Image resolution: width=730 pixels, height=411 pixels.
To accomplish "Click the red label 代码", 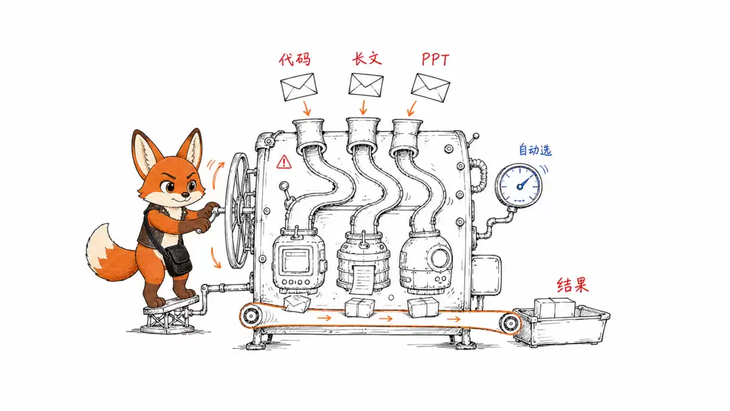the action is point(295,59).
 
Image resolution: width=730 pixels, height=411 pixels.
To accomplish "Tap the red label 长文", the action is point(367,59).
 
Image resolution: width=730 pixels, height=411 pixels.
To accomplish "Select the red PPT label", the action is point(436,59).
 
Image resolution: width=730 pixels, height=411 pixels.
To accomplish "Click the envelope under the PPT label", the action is point(431,87).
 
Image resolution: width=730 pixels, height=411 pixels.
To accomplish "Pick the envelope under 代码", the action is point(299,87).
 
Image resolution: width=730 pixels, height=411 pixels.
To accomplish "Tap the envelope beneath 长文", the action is point(366,85).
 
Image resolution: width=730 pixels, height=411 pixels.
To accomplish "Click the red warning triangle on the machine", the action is point(284,162).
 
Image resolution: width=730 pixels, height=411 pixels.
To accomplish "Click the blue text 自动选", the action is point(535,150).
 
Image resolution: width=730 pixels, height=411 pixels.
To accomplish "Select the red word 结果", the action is point(573,285).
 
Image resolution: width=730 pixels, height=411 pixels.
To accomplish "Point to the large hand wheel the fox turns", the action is point(239,210).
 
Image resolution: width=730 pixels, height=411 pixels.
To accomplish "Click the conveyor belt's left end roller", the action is point(251,316).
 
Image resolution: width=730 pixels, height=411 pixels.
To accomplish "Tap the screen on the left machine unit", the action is point(295,260).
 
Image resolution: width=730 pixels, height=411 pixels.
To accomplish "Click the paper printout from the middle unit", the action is point(363,279).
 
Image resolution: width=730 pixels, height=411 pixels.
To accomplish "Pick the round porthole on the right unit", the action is point(441,257).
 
